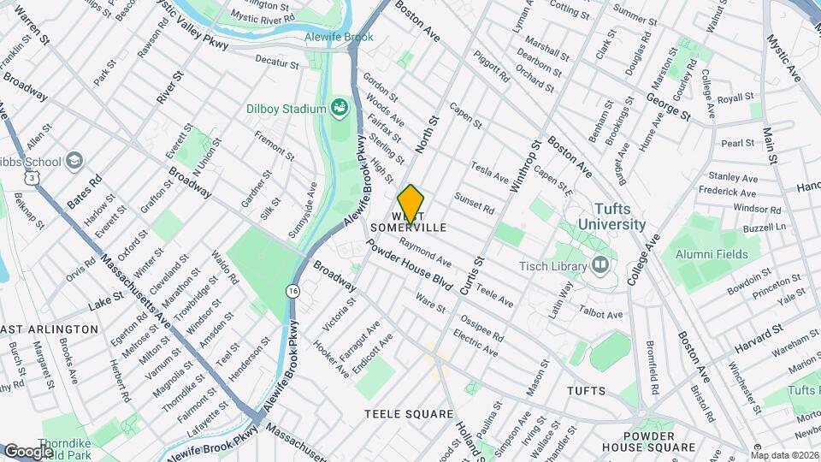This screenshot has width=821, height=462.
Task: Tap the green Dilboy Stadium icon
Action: [x=340, y=109]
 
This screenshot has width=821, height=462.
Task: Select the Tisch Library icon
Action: [x=599, y=265]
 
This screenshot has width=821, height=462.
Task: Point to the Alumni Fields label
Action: [x=712, y=254]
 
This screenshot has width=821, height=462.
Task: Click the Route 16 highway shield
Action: [x=293, y=292]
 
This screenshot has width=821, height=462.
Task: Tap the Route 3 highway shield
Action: [x=32, y=175]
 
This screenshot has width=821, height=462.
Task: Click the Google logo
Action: [x=28, y=451]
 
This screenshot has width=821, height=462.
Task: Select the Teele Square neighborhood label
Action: [x=409, y=414]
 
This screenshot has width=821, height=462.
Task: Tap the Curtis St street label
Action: [x=471, y=275]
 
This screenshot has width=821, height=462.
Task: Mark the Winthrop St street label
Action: [x=523, y=165]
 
